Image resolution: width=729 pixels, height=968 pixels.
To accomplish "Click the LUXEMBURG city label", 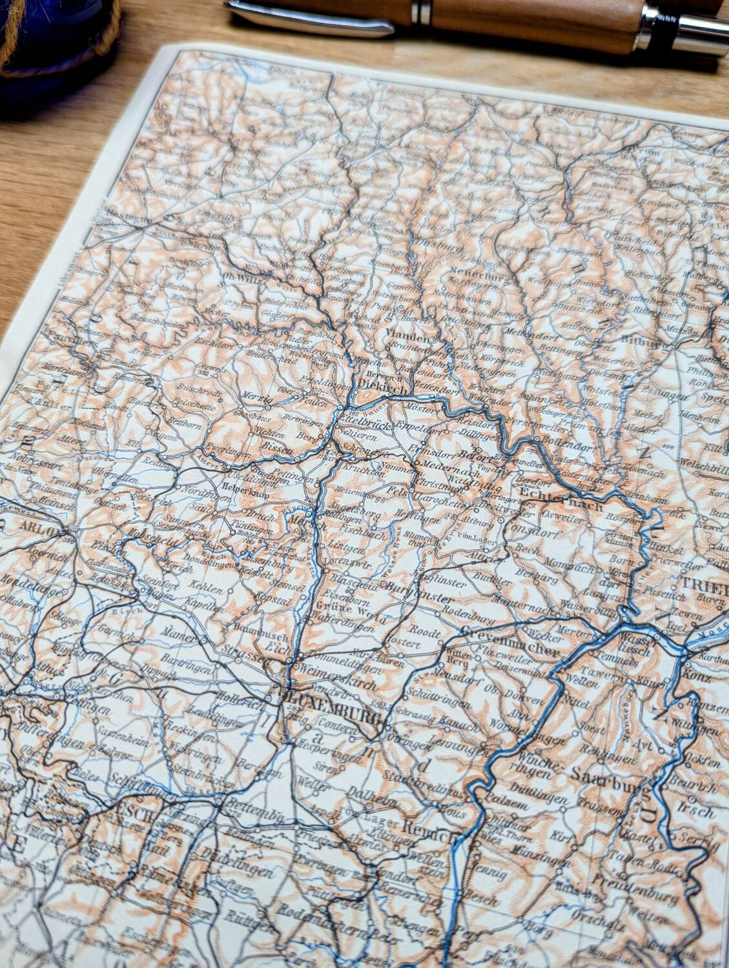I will click(x=335, y=701).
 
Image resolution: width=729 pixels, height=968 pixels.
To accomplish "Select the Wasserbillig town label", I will click(x=589, y=609).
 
